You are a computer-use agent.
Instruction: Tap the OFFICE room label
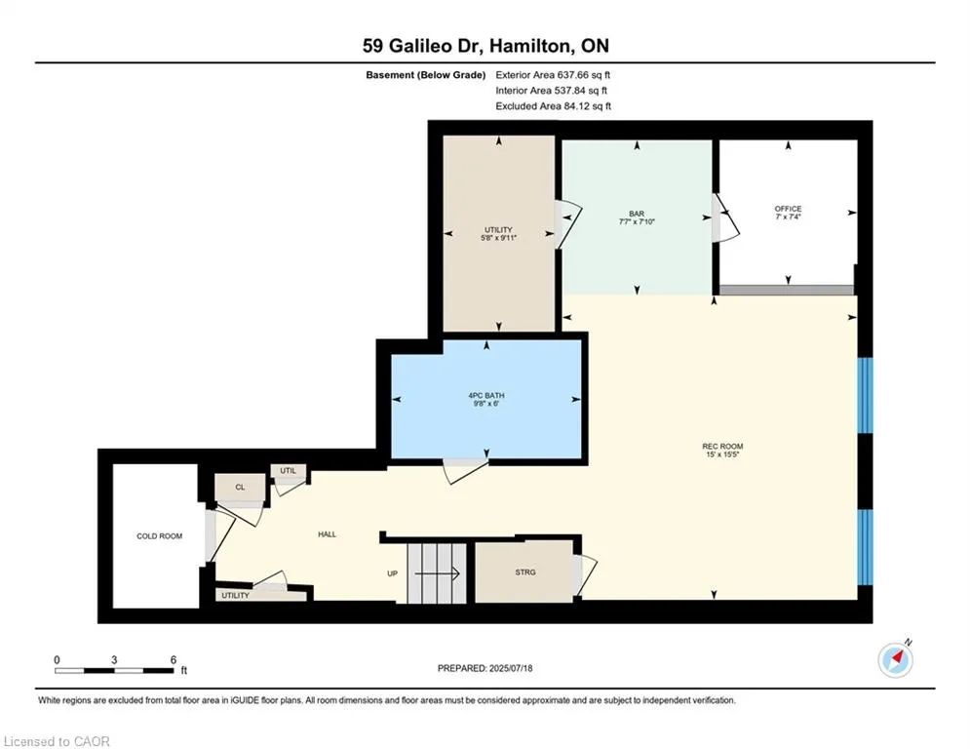pos(788,209)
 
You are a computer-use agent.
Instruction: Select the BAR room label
pos(637,214)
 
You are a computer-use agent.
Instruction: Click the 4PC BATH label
pos(486,396)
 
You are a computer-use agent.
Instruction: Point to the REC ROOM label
pos(722,447)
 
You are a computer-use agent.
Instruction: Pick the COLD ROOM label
pos(160,536)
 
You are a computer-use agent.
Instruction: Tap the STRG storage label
pos(525,572)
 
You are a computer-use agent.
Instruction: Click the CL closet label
pos(240,488)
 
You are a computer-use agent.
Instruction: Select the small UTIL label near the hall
pos(289,470)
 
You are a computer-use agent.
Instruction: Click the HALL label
pos(328,534)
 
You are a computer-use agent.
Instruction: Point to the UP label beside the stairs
pos(392,573)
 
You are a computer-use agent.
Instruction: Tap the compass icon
pos(895,660)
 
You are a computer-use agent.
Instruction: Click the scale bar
pos(114,670)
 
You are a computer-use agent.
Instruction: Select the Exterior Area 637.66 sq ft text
pos(553,75)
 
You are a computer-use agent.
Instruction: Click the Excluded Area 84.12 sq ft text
pos(553,106)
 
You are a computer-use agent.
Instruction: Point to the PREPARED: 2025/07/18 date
pos(485,668)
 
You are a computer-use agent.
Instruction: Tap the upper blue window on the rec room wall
pos(865,396)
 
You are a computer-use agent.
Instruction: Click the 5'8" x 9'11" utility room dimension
pos(498,238)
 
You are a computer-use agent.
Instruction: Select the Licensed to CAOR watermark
pos(57,741)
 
